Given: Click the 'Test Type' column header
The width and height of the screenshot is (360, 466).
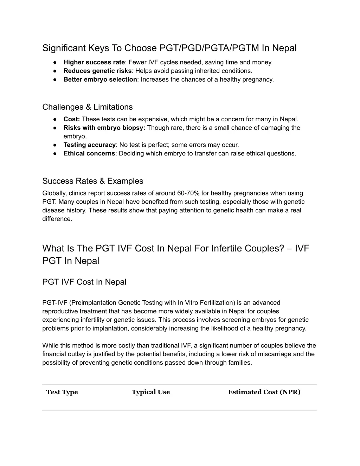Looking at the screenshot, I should (x=62, y=392).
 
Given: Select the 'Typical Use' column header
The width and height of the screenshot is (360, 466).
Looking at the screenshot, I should (x=150, y=392).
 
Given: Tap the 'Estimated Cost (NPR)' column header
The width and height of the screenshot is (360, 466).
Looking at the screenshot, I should (x=264, y=392).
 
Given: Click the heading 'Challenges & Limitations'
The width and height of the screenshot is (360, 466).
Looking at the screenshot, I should (x=88, y=107).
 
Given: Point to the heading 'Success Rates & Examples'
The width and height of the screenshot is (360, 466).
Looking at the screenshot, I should (x=93, y=181).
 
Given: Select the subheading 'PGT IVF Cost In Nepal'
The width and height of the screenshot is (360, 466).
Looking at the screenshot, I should (x=84, y=282).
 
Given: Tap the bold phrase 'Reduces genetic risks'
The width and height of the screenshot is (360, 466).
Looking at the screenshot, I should (x=97, y=71).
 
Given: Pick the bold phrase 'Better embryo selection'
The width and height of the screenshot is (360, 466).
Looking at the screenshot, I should (x=100, y=79).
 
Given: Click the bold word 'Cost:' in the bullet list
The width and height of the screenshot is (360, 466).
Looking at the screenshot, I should (x=72, y=119).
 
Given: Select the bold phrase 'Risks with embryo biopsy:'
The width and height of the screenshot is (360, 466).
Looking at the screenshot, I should (x=104, y=128).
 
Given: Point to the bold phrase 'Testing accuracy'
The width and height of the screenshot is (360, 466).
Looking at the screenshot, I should (x=90, y=145).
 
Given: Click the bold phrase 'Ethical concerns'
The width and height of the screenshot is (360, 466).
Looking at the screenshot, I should (x=89, y=153).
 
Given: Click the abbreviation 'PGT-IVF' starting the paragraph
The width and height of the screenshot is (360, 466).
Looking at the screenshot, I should (x=55, y=303).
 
